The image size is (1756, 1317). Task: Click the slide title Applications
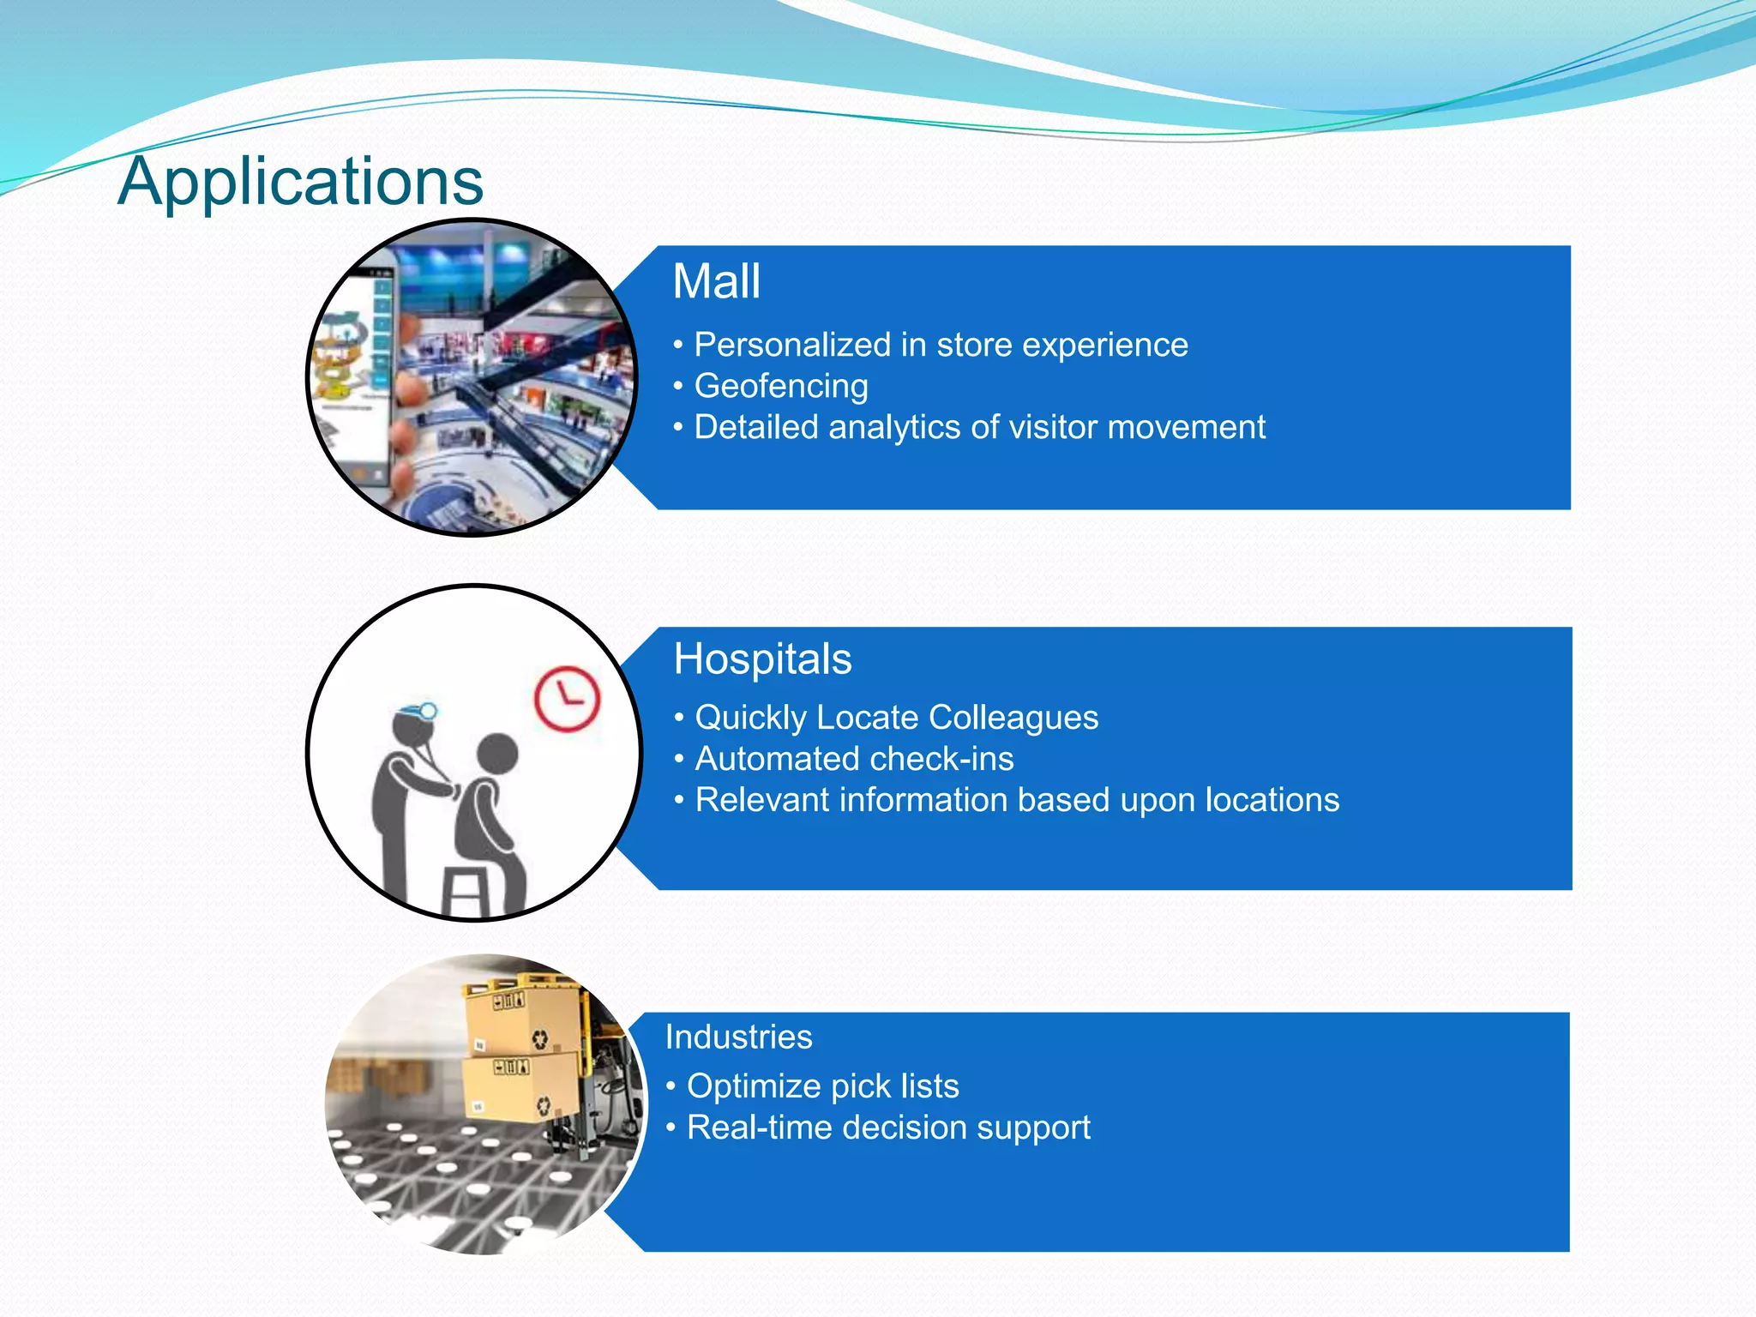300,182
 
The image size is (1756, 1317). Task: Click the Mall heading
716,281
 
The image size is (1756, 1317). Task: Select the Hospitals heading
762,659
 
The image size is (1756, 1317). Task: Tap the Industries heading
738,1037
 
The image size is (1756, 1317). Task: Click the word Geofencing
781,386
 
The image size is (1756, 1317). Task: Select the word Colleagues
1013,718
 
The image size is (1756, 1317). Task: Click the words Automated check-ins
854,759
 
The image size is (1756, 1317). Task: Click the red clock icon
567,698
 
